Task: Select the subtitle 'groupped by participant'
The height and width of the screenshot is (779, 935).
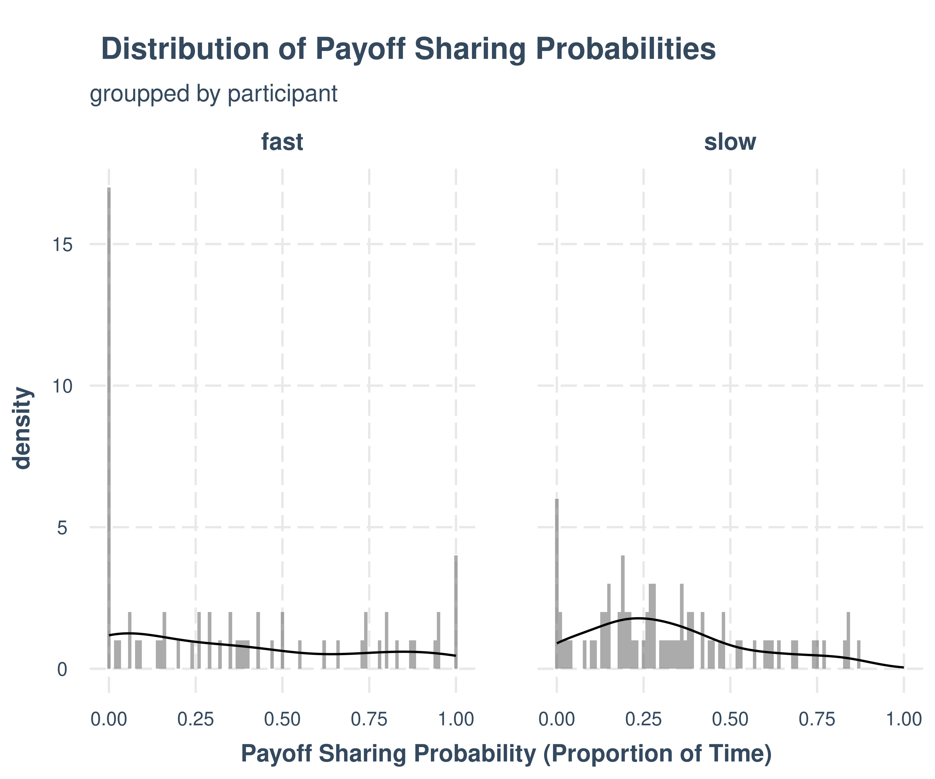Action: (213, 94)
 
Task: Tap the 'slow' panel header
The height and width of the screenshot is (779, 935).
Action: (730, 143)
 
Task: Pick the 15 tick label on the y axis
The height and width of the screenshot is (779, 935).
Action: (62, 245)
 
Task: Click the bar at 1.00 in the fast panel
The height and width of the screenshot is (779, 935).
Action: (456, 612)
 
